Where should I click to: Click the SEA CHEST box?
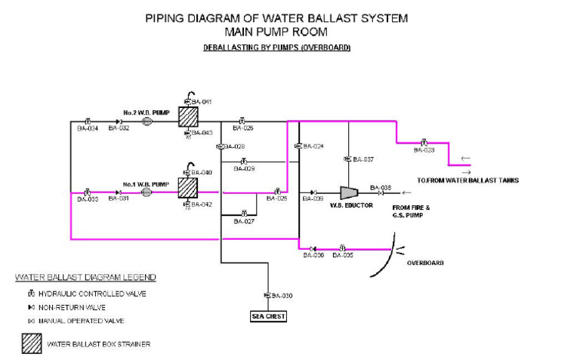(268, 316)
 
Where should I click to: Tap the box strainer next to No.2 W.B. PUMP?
(187, 117)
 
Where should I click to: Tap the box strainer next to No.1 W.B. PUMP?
(187, 187)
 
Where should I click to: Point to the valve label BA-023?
(424, 149)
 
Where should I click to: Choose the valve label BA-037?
(363, 159)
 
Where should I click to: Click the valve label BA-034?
(88, 128)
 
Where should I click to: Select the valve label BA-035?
(344, 255)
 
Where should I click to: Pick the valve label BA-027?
(244, 221)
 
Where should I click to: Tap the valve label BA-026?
(243, 128)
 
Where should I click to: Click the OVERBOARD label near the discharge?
(425, 263)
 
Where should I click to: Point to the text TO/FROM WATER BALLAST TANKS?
(467, 180)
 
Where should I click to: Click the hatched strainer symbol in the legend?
(31, 344)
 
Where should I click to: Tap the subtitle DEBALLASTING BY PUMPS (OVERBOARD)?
(276, 48)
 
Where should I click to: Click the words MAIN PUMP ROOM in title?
(277, 32)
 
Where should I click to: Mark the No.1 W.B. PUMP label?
(146, 183)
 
